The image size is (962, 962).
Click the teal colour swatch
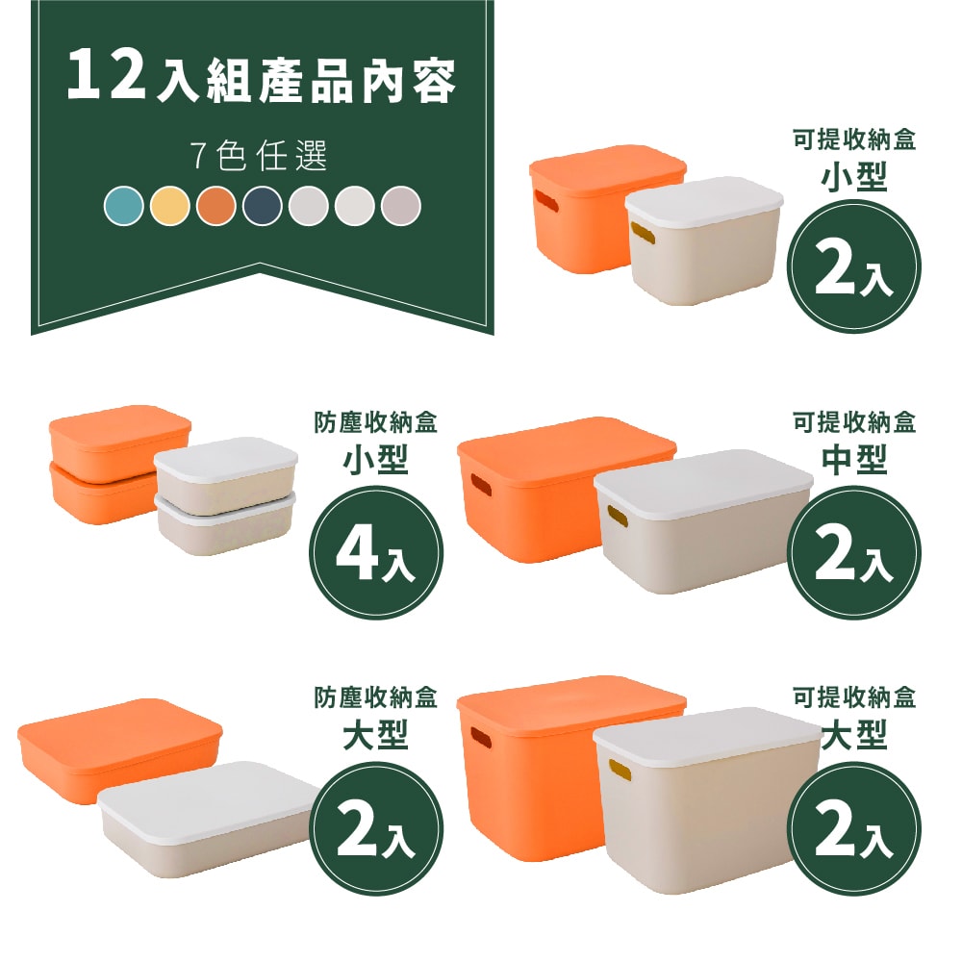coord(124,206)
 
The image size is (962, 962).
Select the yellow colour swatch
coord(170,206)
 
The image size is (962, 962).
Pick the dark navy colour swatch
coord(263,206)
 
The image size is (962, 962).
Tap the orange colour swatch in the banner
coord(216,206)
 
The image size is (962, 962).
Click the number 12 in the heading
coord(107,75)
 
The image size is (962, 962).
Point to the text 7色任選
coord(259,156)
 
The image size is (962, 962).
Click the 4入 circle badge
coord(376,552)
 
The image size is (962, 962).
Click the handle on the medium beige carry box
coord(618,516)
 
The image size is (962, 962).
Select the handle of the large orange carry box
coord(481,738)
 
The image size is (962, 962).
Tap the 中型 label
coord(854,460)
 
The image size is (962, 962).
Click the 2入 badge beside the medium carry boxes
coord(854,552)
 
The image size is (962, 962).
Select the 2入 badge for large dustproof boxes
coord(376,828)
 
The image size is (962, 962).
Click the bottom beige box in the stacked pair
coord(224,523)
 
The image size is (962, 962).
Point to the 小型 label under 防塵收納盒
coord(375,460)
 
